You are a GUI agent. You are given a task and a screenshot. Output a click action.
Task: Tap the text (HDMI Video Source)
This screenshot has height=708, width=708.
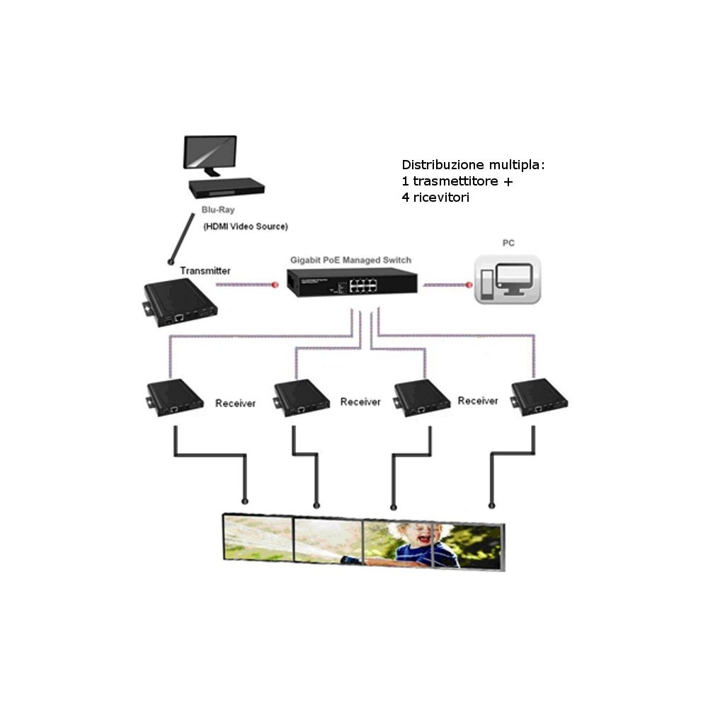pyautogui.click(x=245, y=227)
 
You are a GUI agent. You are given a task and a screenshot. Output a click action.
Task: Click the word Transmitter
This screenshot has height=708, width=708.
pyautogui.click(x=205, y=270)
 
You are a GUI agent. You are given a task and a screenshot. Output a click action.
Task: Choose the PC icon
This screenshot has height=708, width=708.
pyautogui.click(x=508, y=280)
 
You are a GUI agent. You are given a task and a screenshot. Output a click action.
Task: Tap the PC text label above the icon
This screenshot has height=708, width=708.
pyautogui.click(x=508, y=243)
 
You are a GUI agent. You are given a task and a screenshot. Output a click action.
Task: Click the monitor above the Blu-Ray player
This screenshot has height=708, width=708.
pyautogui.click(x=211, y=154)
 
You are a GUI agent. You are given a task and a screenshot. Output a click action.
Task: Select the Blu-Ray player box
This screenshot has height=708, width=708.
pyautogui.click(x=227, y=187)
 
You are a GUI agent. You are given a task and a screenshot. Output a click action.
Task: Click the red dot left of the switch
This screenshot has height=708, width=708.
pyautogui.click(x=275, y=285)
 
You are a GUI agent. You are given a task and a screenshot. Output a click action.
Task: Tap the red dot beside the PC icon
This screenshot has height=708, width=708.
pyautogui.click(x=468, y=285)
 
